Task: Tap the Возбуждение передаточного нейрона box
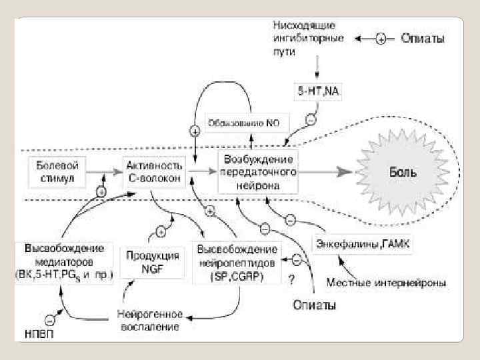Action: pos(259,171)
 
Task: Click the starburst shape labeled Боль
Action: pos(403,171)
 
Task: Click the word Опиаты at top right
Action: pos(422,39)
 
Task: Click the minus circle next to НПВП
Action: pos(48,319)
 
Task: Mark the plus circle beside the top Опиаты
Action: pos(380,39)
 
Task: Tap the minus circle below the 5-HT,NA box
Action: pos(310,120)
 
